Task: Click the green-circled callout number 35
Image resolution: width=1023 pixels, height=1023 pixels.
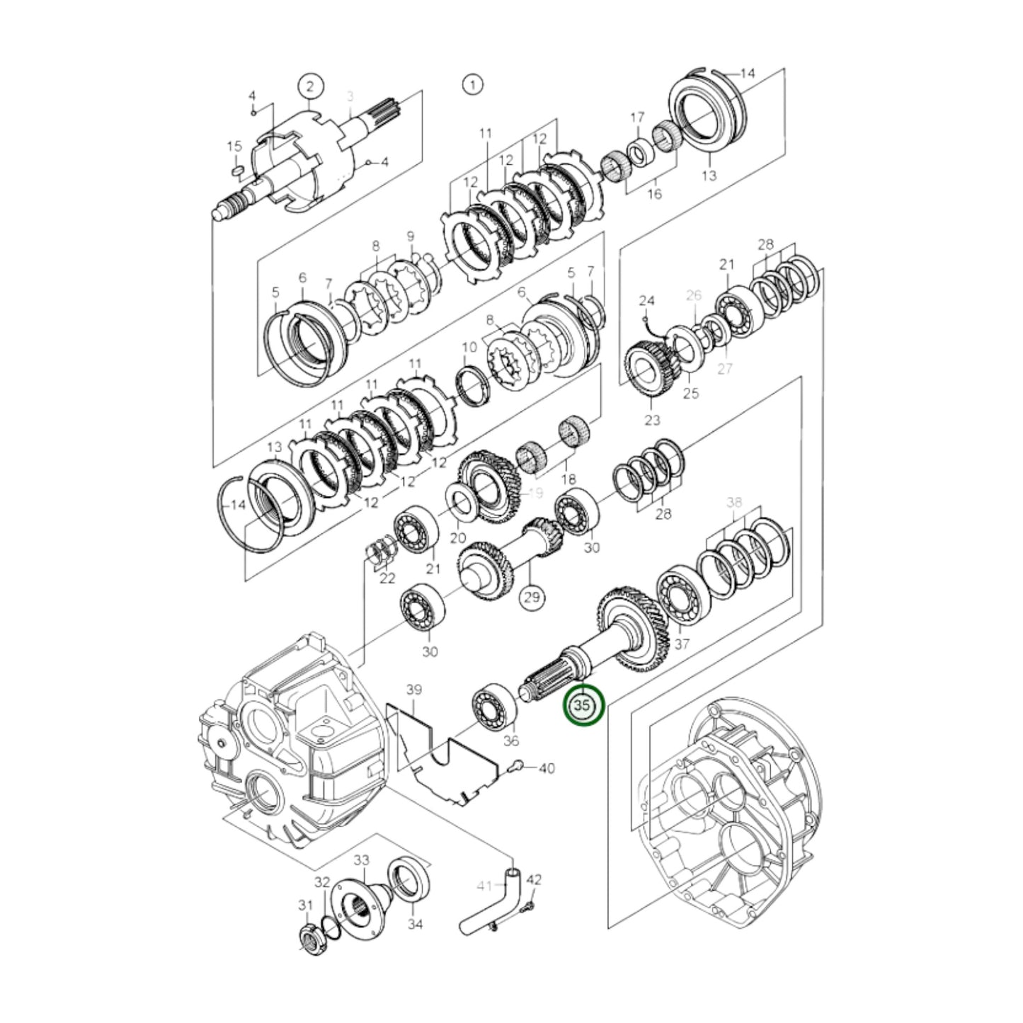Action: pyautogui.click(x=583, y=706)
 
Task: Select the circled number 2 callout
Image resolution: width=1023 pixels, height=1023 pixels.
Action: pyautogui.click(x=310, y=86)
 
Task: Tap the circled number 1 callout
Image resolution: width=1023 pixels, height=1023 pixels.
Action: pyautogui.click(x=472, y=85)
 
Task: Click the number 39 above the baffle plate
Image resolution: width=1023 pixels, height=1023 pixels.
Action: pyautogui.click(x=413, y=690)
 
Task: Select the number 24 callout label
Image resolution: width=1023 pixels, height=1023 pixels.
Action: pyautogui.click(x=646, y=300)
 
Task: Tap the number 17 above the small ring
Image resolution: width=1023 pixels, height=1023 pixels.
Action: pyautogui.click(x=637, y=116)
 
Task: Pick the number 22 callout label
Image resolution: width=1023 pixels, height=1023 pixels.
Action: pyautogui.click(x=387, y=578)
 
